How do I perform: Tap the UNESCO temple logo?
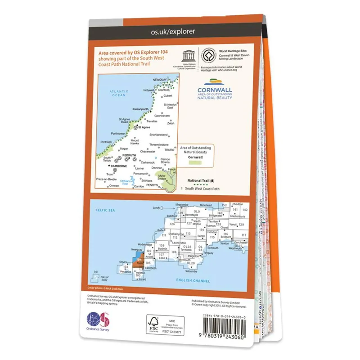(186, 55)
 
